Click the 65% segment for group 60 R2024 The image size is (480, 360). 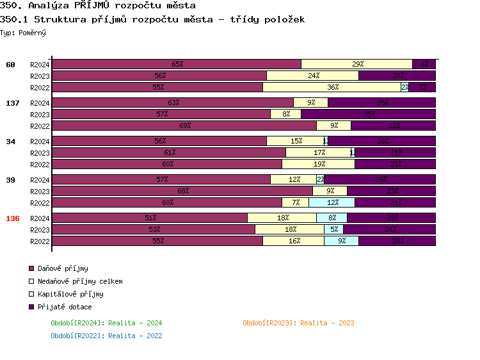tap(177, 64)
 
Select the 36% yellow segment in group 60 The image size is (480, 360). tap(332, 87)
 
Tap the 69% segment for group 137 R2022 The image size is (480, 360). tap(184, 126)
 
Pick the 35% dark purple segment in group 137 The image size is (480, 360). tap(368, 114)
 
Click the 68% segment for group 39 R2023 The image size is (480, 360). tap(182, 191)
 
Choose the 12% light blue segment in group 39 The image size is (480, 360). tap(332, 202)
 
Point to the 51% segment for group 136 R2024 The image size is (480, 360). tap(150, 218)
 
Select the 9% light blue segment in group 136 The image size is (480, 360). tap(341, 241)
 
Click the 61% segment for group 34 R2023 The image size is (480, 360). tap(169, 152)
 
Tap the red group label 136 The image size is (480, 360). tap(13, 218)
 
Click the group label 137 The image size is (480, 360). tap(13, 103)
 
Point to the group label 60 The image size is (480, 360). tap(10, 65)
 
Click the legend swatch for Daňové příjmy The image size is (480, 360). tap(31, 268)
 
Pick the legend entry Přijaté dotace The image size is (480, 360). tap(64, 307)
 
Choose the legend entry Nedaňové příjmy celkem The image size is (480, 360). tap(79, 281)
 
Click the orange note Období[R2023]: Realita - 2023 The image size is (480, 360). tap(298, 323)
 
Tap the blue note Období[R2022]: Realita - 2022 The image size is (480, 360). tap(106, 336)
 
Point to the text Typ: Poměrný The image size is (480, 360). tap(23, 33)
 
